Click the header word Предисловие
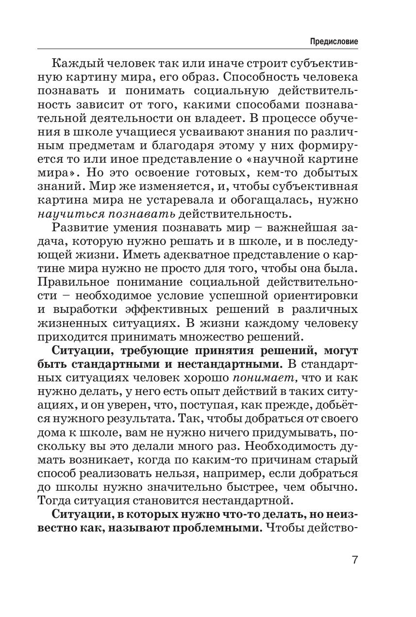pos(334,42)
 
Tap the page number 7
pos(355,560)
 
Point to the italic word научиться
pos(69,214)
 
